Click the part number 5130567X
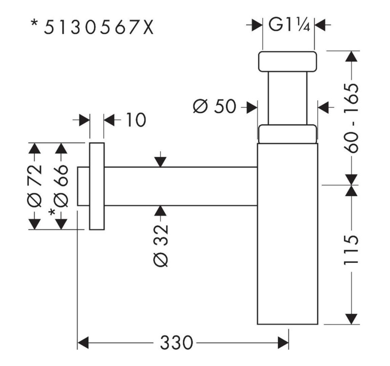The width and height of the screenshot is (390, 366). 98,27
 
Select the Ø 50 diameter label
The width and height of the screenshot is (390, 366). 214,107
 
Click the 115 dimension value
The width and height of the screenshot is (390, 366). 352,250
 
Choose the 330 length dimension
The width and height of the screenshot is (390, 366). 176,343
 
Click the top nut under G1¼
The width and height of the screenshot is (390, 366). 288,61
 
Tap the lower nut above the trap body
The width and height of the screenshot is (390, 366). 288,134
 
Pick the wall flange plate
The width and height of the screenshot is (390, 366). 97,186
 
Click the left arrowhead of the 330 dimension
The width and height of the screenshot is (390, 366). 83,342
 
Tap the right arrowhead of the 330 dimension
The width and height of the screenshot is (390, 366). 283,342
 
